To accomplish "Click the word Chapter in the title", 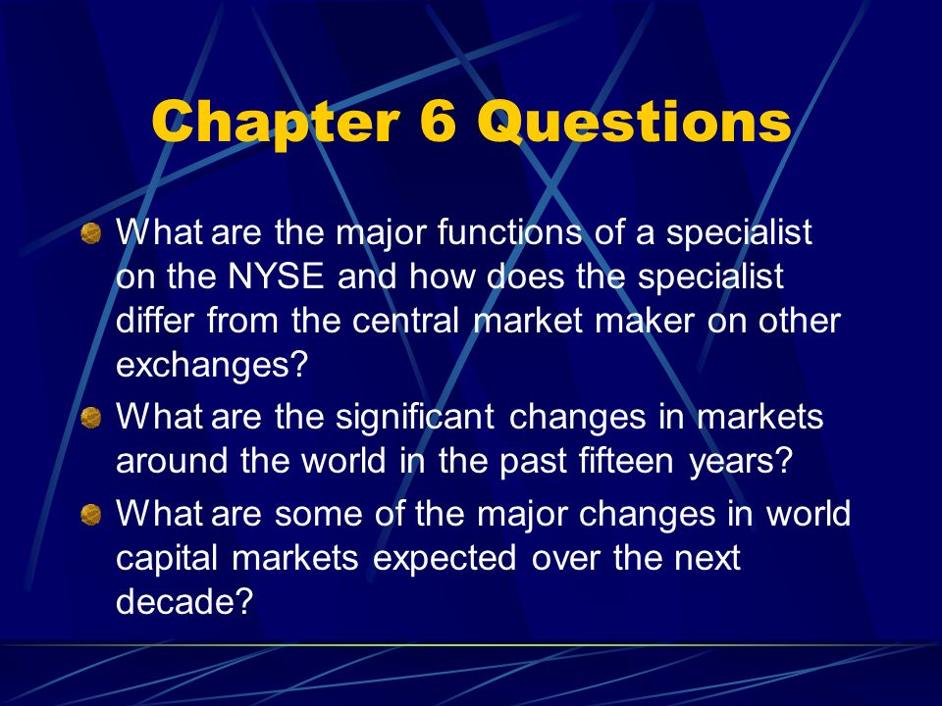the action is click(276, 124).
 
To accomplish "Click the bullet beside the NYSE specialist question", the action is click(90, 233).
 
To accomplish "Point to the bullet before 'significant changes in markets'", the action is click(90, 418).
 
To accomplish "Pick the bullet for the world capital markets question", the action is click(90, 515).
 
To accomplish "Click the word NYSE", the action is click(277, 277).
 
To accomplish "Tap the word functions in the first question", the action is click(509, 232).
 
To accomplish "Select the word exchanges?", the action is click(212, 365).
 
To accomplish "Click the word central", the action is click(405, 320).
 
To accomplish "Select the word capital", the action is click(167, 559).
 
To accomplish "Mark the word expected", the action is click(445, 559).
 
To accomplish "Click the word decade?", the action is click(183, 600).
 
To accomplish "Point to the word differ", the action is click(154, 320).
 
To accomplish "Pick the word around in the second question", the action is click(172, 461).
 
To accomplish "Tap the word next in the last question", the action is click(707, 559).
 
